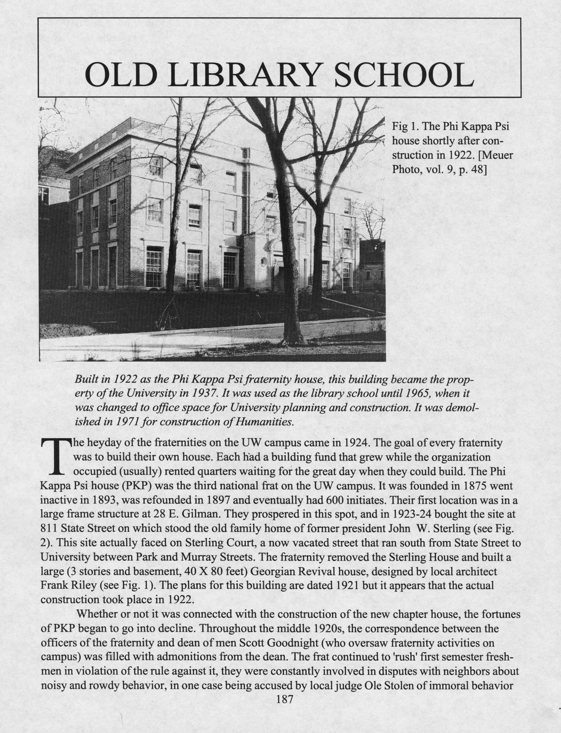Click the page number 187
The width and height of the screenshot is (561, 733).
pos(284,700)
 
